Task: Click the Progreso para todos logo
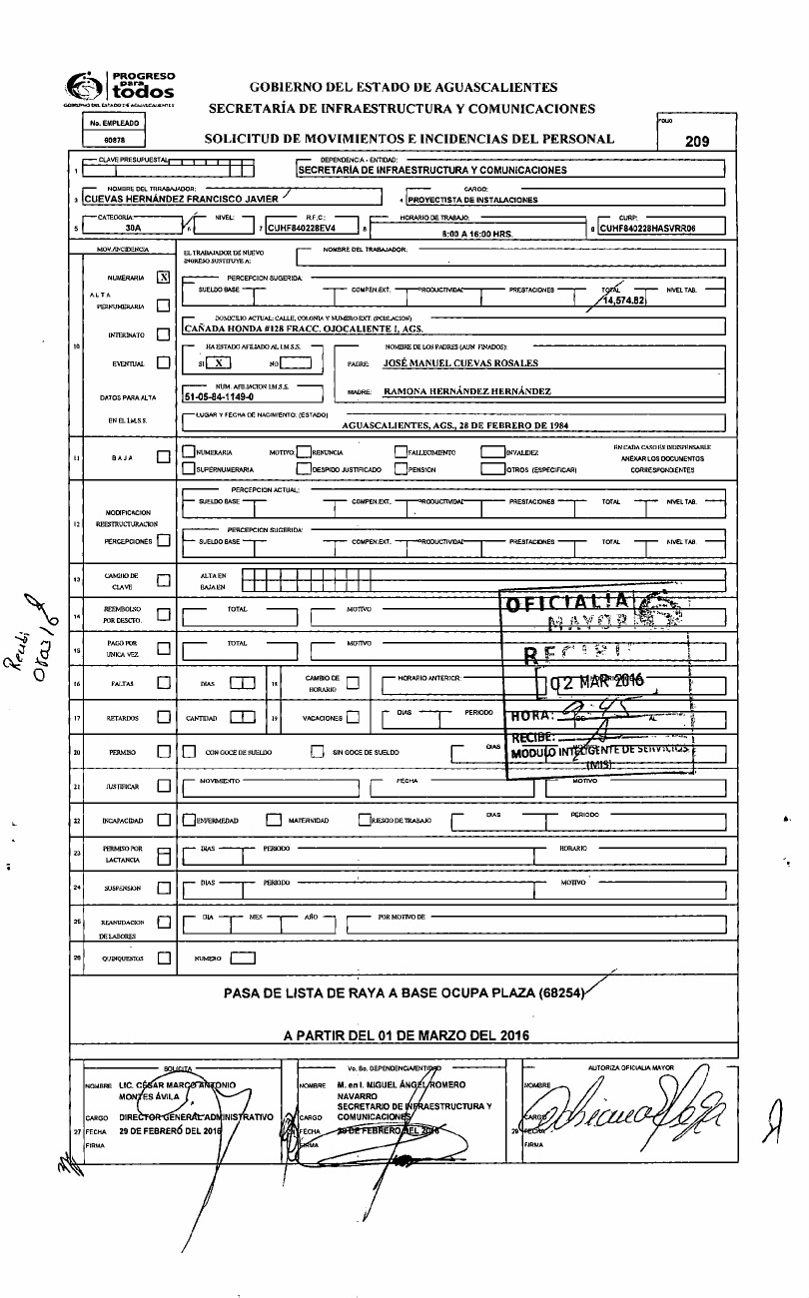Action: pos(120,87)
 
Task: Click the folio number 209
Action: pos(696,141)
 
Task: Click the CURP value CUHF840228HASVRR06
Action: pos(660,228)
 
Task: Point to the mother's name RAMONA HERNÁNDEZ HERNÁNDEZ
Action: pos(467,391)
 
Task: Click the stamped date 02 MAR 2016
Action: pos(599,681)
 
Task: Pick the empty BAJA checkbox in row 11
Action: pos(164,458)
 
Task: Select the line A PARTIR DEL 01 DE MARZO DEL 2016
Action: pos(405,1035)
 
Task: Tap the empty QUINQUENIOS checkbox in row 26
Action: pos(164,958)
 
